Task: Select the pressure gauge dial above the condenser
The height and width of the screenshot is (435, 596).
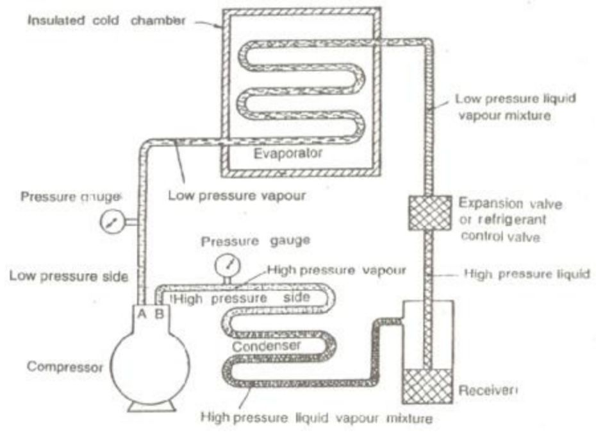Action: click(226, 264)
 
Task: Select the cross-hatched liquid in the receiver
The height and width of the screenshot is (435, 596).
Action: click(428, 387)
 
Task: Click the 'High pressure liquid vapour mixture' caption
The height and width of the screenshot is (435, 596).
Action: click(316, 418)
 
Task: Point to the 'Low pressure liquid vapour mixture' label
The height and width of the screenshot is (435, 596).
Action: click(515, 107)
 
